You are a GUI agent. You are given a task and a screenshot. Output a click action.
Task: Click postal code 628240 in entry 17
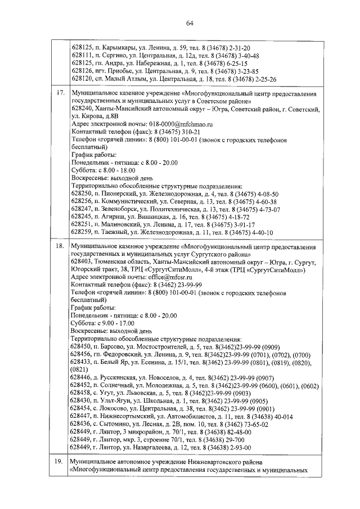[x=82, y=107]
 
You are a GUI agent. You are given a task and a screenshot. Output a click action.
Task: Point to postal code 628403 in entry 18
[x=82, y=262]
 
